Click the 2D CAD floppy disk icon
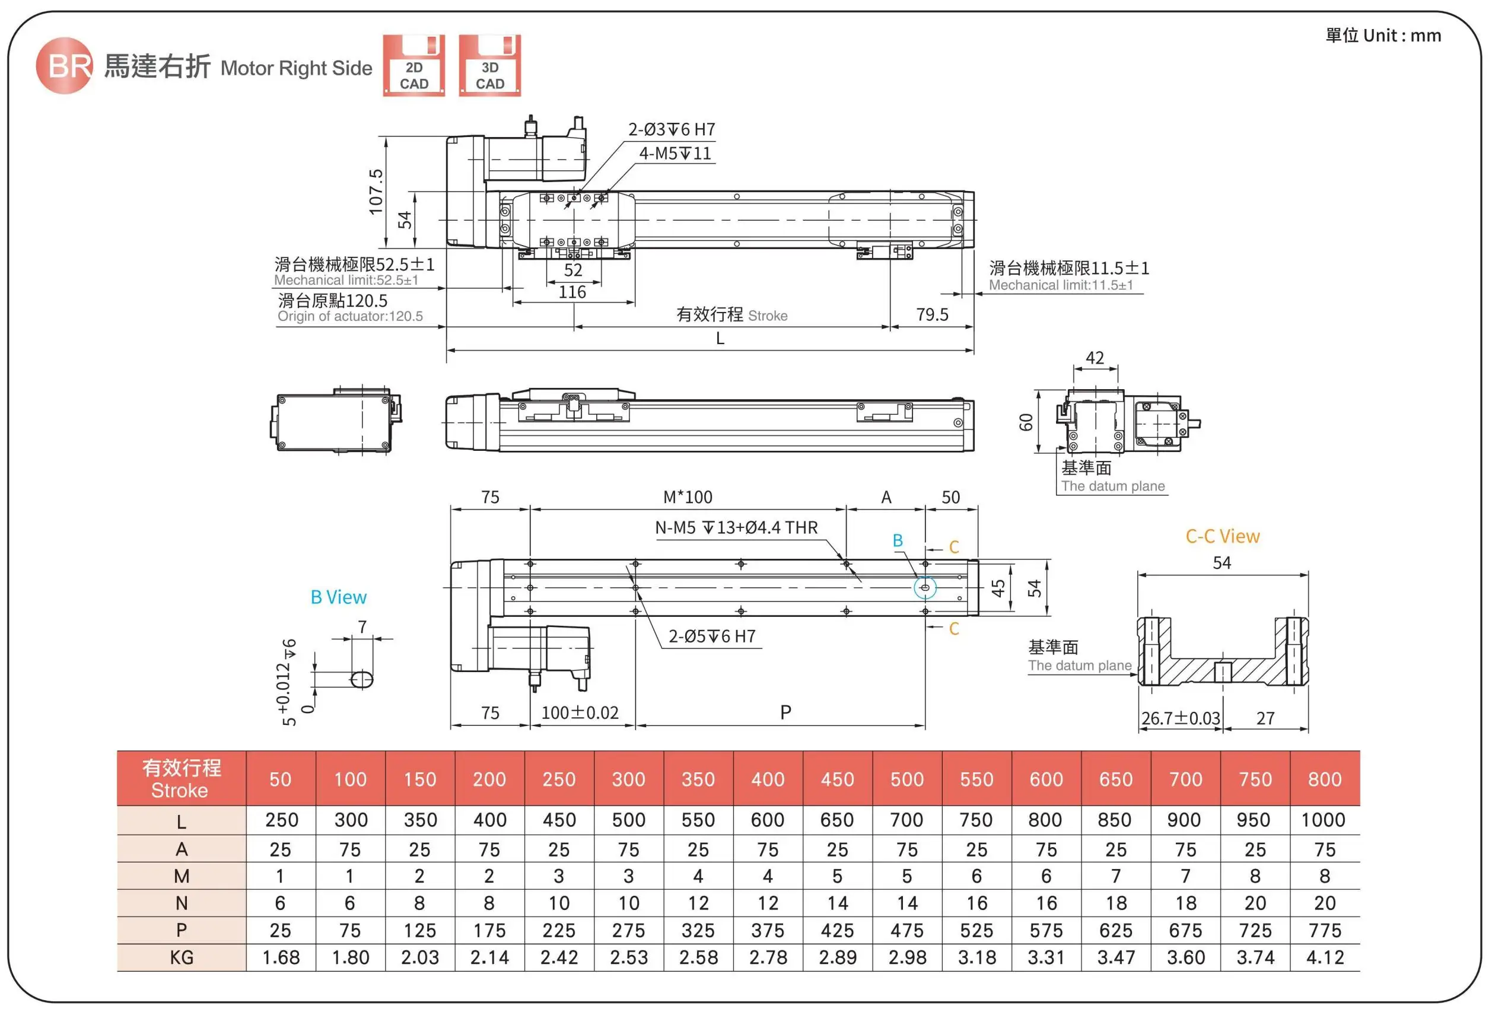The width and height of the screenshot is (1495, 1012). pyautogui.click(x=413, y=66)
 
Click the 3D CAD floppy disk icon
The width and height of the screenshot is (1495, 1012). pyautogui.click(x=489, y=66)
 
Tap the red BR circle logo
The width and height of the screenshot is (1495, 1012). pyautogui.click(x=63, y=65)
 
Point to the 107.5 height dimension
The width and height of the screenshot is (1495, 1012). pyautogui.click(x=376, y=192)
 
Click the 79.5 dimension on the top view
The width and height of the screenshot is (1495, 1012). pyautogui.click(x=931, y=314)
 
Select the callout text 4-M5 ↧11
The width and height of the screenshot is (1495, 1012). pyautogui.click(x=675, y=154)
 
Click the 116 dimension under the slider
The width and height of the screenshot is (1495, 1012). pyautogui.click(x=572, y=292)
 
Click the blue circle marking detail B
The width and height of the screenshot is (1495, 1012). pyautogui.click(x=925, y=587)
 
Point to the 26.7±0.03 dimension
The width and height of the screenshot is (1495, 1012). pyautogui.click(x=1180, y=718)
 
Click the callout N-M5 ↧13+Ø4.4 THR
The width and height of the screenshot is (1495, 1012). pyautogui.click(x=736, y=527)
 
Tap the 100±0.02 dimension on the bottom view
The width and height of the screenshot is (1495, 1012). pyautogui.click(x=580, y=713)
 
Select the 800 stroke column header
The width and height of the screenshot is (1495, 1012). pyautogui.click(x=1324, y=779)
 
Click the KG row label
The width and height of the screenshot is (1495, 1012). pyautogui.click(x=182, y=957)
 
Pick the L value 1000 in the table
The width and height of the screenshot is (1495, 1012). pyautogui.click(x=1322, y=820)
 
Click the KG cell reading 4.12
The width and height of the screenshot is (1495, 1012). pyautogui.click(x=1324, y=957)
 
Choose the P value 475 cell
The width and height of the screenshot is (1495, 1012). pyautogui.click(x=906, y=930)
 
